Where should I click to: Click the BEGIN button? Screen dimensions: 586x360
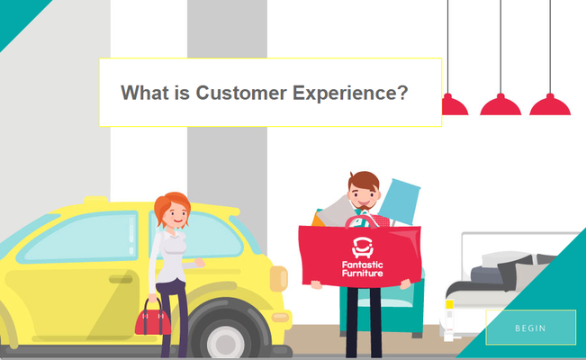click(531, 328)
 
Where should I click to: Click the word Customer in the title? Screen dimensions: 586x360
click(241, 93)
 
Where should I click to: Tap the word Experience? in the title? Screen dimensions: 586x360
click(350, 94)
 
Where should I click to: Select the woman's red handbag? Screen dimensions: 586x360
click(153, 319)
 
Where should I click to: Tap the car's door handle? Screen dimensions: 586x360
click(121, 279)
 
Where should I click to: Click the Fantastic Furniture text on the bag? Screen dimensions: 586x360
click(363, 269)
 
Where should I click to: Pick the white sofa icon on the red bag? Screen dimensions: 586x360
click(363, 247)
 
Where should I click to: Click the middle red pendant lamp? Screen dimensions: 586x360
click(500, 105)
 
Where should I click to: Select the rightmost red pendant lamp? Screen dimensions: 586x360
click(550, 105)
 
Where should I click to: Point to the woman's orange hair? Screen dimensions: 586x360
click(171, 205)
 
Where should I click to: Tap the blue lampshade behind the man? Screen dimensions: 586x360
click(400, 202)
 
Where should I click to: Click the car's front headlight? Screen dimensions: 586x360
click(278, 278)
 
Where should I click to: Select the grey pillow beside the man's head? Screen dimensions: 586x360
click(336, 212)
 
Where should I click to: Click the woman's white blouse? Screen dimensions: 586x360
click(170, 258)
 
